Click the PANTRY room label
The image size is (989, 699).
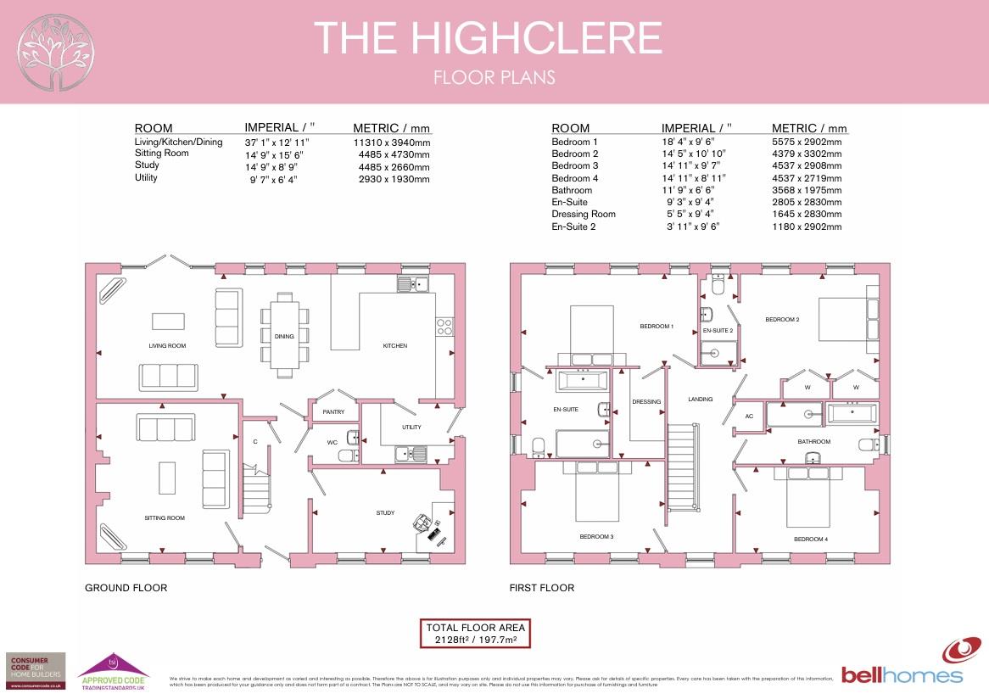pyautogui.click(x=332, y=411)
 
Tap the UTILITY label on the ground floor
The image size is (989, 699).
pyautogui.click(x=411, y=427)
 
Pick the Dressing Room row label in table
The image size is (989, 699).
pyautogui.click(x=584, y=215)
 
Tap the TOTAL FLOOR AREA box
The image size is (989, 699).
pyautogui.click(x=476, y=633)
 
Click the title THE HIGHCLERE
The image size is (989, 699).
pyautogui.click(x=488, y=38)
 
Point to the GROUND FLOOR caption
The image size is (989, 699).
pyautogui.click(x=126, y=588)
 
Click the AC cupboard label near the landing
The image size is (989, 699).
pyautogui.click(x=749, y=417)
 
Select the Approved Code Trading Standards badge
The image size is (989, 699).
pyautogui.click(x=114, y=668)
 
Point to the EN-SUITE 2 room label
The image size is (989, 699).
pyautogui.click(x=718, y=330)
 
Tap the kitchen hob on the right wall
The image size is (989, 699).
pyautogui.click(x=444, y=327)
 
